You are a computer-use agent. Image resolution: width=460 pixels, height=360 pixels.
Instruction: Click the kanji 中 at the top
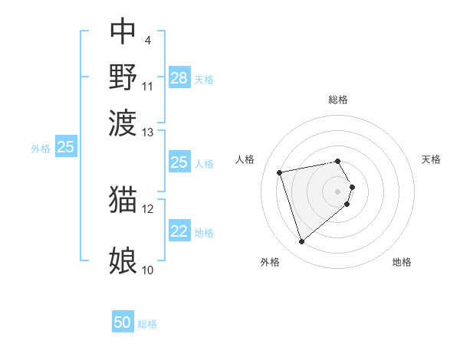pos(123,31)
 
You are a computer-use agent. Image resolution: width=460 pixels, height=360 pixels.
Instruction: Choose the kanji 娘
pos(123,260)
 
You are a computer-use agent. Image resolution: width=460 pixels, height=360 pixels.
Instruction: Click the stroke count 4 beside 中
pos(147,40)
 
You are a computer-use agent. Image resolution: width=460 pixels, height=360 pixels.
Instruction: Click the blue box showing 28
pos(179,78)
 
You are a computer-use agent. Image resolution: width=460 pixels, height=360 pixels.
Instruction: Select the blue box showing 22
pos(179,231)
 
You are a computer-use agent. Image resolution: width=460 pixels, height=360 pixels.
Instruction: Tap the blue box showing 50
pos(123,323)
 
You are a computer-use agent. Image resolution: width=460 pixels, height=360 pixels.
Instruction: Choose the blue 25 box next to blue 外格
pos(65,147)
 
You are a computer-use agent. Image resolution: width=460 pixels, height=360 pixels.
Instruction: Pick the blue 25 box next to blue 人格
pos(179,162)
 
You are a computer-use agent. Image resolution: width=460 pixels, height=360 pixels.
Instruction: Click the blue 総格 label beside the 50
pos(147,324)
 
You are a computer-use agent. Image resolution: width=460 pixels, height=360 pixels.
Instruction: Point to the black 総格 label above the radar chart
pos(338,100)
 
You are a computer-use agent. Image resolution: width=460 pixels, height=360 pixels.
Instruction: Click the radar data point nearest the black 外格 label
pos(302,242)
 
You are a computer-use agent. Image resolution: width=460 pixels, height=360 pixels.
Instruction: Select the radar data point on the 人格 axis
pos(280,172)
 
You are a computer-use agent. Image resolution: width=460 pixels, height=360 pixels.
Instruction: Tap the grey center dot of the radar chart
pos(338,190)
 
